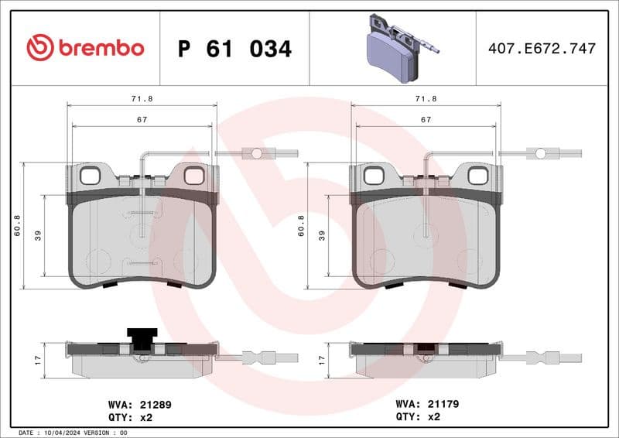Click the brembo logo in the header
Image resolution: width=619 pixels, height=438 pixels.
[85, 48]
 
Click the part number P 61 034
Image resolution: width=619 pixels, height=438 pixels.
[234, 49]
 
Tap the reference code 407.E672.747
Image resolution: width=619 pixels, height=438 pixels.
[542, 49]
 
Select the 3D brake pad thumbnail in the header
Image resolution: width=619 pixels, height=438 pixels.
[398, 48]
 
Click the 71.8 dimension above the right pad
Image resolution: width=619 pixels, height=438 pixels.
[426, 99]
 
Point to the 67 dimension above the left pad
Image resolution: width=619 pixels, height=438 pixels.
[142, 120]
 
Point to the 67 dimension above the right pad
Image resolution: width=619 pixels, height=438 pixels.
[426, 120]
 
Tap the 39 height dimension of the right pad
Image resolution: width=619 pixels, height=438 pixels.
[322, 235]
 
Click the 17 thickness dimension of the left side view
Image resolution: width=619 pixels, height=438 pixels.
[38, 360]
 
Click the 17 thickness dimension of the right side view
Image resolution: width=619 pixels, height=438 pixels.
[322, 360]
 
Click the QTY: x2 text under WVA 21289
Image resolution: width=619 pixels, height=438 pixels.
[131, 416]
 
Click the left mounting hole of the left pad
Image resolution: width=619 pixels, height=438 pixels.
[90, 176]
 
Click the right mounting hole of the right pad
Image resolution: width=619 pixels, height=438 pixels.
[477, 176]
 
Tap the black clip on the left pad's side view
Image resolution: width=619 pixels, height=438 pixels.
[142, 339]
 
